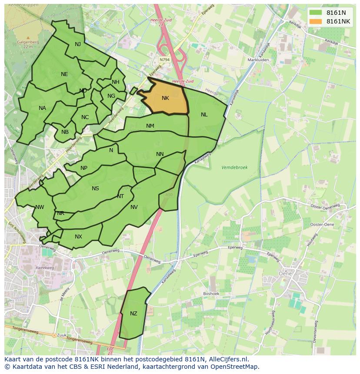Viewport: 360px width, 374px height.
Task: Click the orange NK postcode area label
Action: point(165,98)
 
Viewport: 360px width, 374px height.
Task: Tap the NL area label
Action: point(204,115)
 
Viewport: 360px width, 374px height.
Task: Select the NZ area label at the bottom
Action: point(133,314)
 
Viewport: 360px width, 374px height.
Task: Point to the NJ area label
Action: point(78,44)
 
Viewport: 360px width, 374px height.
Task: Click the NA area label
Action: point(42,108)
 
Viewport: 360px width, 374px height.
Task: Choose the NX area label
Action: point(78,237)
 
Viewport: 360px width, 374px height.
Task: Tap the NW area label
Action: point(40,207)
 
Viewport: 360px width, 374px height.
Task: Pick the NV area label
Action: point(134,207)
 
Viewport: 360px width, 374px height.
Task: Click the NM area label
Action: point(150,126)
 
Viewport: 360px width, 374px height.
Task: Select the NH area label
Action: point(115,82)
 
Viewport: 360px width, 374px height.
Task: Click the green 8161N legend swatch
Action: point(316,13)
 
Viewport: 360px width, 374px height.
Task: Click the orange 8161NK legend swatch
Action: point(316,21)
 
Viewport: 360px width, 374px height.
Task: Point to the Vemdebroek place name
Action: point(234,167)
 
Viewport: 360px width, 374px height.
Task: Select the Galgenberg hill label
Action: point(28,42)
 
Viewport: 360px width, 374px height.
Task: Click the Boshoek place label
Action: point(211,294)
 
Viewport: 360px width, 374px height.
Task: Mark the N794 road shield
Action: point(164,60)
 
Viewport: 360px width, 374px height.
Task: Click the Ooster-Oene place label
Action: point(322,224)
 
